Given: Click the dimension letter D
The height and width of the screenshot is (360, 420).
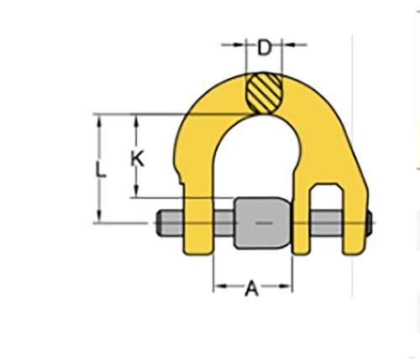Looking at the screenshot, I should tap(265, 48).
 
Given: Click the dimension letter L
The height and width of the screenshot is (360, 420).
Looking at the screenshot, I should tap(101, 170).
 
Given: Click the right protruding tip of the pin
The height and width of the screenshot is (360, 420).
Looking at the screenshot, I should tap(367, 223).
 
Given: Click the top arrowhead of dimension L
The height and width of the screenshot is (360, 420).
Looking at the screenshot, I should tap(101, 118).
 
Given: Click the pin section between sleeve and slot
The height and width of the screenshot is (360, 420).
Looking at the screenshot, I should tap(301, 223).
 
